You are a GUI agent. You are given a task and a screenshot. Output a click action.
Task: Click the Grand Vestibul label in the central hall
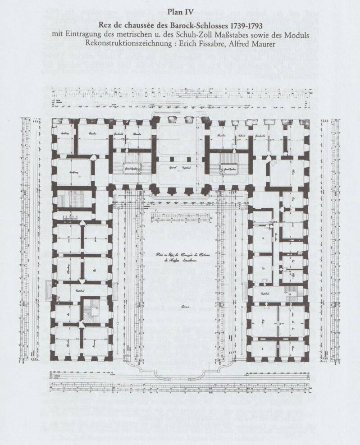180,167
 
